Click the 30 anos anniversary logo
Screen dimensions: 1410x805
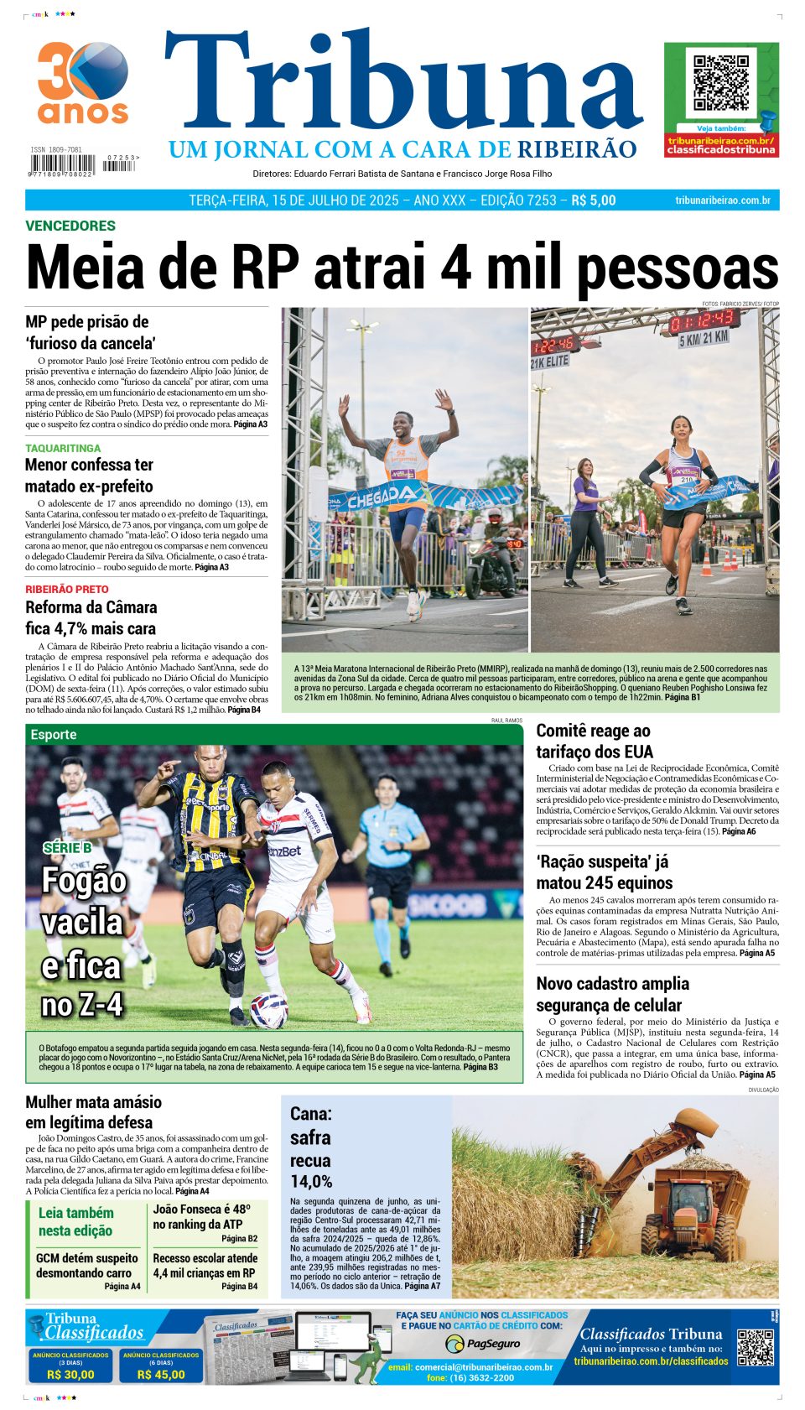click(x=82, y=82)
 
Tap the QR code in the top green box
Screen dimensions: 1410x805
click(x=721, y=84)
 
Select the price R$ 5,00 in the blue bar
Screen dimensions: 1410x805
click(x=594, y=200)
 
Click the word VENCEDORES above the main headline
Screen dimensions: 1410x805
click(x=70, y=226)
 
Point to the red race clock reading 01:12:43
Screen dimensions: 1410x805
click(x=704, y=320)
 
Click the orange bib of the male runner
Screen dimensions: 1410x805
click(x=407, y=460)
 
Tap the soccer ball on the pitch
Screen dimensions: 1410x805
click(x=268, y=1009)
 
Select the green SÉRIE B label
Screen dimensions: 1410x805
click(x=67, y=848)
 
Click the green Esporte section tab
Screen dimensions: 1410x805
click(x=54, y=735)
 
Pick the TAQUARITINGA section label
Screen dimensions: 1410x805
click(x=63, y=449)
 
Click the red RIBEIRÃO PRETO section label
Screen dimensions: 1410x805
click(x=67, y=590)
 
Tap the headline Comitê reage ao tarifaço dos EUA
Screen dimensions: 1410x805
click(x=594, y=741)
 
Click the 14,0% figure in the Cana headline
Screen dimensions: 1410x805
click(x=311, y=1182)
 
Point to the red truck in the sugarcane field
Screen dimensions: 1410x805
click(x=687, y=1214)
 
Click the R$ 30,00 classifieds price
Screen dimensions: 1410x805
click(x=70, y=1375)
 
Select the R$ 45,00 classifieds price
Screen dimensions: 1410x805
click(x=161, y=1375)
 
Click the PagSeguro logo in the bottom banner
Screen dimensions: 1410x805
click(x=482, y=1344)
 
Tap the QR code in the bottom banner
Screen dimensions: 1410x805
click(x=755, y=1347)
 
